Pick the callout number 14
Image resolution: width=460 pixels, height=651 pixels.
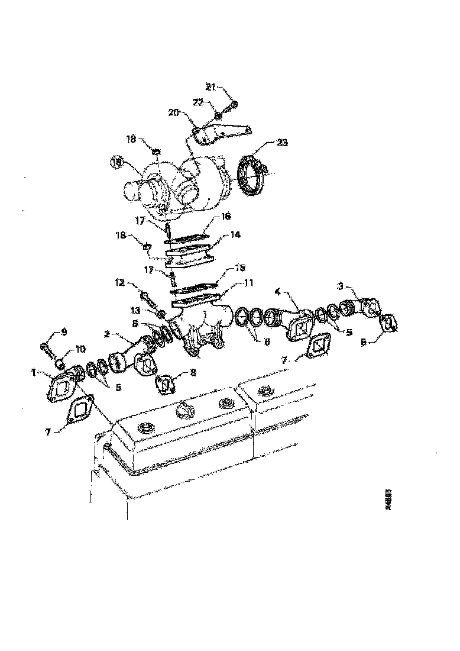pyautogui.click(x=235, y=234)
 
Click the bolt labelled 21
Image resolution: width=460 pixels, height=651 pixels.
pyautogui.click(x=232, y=105)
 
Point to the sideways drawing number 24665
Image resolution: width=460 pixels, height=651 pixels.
pyautogui.click(x=388, y=500)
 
